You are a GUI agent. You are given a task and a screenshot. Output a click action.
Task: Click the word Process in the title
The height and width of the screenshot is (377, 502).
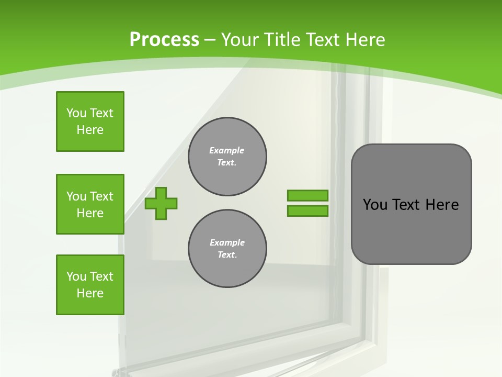(x=164, y=40)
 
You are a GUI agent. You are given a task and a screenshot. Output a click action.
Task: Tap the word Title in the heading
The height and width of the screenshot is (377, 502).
(x=282, y=40)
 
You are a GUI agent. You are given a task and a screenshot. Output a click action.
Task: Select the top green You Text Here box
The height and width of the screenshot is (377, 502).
(x=90, y=121)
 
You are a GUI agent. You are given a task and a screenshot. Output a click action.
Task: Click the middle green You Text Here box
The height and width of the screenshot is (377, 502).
(x=90, y=204)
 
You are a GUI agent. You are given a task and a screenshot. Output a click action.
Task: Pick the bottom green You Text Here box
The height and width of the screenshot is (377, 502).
(x=90, y=285)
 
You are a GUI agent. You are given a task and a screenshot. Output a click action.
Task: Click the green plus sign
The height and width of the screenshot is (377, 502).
(x=161, y=203)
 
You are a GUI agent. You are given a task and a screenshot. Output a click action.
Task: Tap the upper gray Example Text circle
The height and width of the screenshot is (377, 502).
(x=227, y=157)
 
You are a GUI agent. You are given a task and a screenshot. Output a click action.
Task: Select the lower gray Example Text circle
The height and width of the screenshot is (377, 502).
(x=227, y=249)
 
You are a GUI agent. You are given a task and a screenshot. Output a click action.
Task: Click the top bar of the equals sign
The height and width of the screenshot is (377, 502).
(x=307, y=195)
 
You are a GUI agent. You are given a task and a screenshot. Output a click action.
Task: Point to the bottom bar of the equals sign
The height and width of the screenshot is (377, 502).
(x=307, y=211)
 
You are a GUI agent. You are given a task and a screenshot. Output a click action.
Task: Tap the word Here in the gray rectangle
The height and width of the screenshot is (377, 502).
(x=442, y=205)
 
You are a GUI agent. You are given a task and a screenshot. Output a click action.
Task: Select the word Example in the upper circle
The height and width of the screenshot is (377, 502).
(x=226, y=151)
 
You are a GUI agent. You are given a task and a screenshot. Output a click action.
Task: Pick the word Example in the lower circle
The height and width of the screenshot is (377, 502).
(x=227, y=243)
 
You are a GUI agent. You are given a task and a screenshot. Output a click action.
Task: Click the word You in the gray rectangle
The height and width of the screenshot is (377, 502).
(x=375, y=205)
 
